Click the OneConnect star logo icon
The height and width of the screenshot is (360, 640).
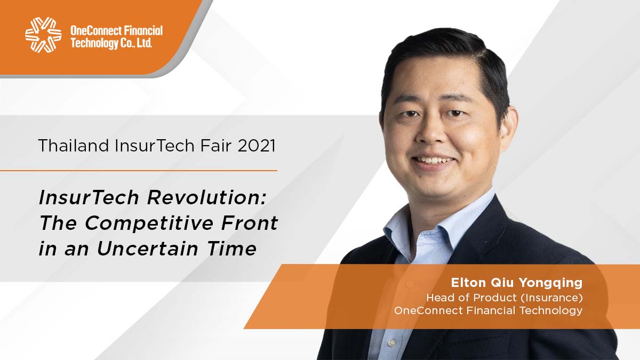(43, 35)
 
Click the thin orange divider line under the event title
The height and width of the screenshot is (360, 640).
(139, 171)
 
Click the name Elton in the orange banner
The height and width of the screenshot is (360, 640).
(467, 282)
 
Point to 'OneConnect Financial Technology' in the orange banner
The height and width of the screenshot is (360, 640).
(488, 310)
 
